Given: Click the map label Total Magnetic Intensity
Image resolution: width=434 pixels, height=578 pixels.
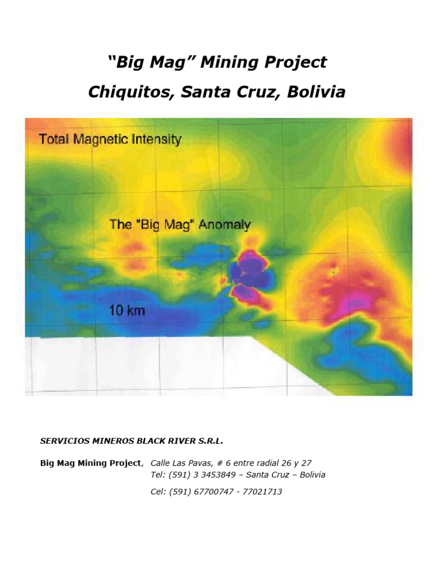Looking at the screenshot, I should [x=110, y=139].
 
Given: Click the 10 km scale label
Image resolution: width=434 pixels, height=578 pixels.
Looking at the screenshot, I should [x=127, y=310].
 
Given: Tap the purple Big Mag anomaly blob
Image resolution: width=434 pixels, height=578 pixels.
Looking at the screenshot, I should [x=250, y=275].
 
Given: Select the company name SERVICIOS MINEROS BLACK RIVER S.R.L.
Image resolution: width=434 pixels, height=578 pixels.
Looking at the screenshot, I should [x=128, y=440].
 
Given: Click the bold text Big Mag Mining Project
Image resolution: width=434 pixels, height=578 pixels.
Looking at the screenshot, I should [x=90, y=463].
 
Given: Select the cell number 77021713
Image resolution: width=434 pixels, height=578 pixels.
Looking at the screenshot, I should [x=262, y=492].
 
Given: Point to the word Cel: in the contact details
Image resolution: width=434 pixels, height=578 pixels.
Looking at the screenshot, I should [x=159, y=492].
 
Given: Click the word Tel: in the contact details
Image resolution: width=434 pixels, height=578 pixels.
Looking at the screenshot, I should [x=158, y=475].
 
